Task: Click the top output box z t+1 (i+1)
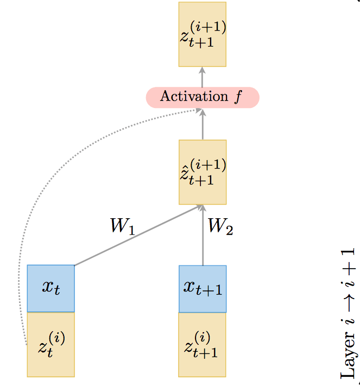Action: (202, 34)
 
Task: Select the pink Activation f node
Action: (202, 97)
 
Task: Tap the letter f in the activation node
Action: (237, 98)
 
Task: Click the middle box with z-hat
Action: (202, 172)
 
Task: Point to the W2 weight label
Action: (220, 226)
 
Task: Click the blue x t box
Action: (50, 288)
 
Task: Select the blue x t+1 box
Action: (202, 288)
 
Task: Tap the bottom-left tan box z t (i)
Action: (50, 344)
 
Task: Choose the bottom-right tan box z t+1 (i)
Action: (202, 344)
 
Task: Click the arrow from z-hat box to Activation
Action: (203, 124)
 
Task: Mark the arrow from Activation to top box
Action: (203, 77)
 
